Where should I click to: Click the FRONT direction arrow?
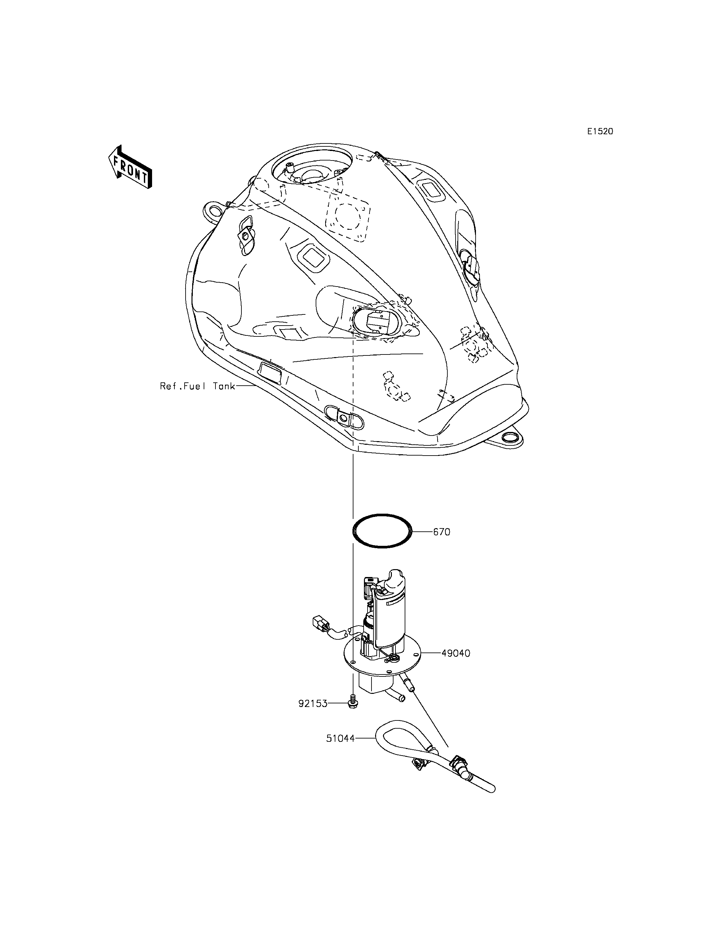click(x=130, y=167)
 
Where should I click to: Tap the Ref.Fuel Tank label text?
click(x=197, y=386)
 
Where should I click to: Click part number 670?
click(x=441, y=532)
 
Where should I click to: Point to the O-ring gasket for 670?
click(x=382, y=515)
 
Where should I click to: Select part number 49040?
click(x=456, y=653)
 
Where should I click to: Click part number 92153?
click(x=313, y=703)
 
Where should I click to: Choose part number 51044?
click(x=340, y=738)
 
